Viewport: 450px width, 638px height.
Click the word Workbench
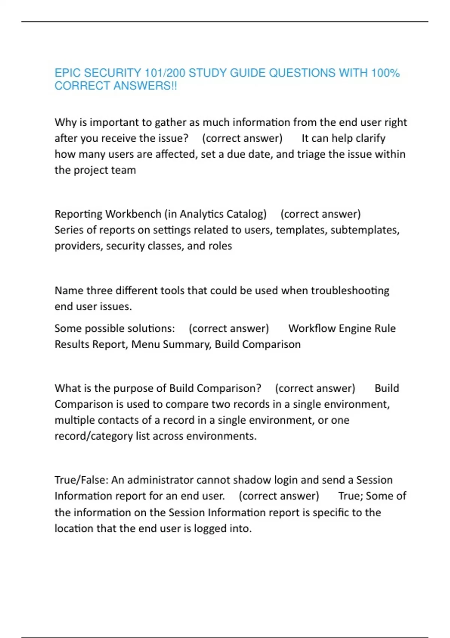(133, 214)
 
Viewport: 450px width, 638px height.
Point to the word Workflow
(312, 328)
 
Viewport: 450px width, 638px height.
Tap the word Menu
(143, 345)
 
